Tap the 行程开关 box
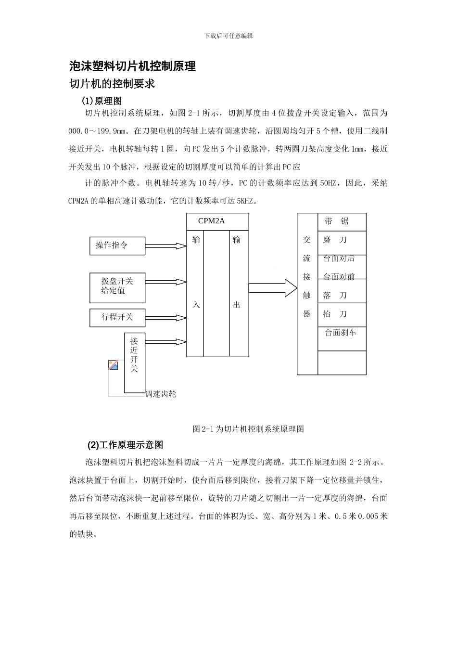(x=117, y=318)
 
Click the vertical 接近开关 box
(x=134, y=362)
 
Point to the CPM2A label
(x=212, y=221)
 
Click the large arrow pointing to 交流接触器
(x=273, y=288)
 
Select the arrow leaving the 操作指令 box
(x=165, y=246)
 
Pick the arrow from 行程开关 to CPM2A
(x=165, y=318)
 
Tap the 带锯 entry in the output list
(x=336, y=221)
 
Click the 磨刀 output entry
(x=335, y=240)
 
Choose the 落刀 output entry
(x=335, y=295)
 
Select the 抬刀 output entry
(x=335, y=314)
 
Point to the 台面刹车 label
(x=341, y=333)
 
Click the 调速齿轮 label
(x=161, y=394)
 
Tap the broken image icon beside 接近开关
(x=113, y=365)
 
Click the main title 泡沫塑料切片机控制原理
(x=133, y=66)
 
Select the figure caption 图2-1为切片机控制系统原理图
(x=248, y=428)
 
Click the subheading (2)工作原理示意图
(x=125, y=444)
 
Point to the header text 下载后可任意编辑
(x=228, y=36)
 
